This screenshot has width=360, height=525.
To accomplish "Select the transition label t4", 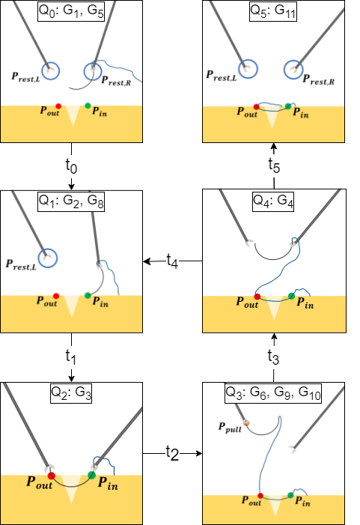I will coord(173,261).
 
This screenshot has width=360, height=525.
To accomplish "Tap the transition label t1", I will coord(71,358).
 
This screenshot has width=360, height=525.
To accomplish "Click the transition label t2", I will coord(173,452).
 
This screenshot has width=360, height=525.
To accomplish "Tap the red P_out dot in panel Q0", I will coord(58,106).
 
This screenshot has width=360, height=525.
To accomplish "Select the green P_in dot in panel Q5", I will coord(290,107).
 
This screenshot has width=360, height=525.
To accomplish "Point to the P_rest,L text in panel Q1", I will coord(22,264).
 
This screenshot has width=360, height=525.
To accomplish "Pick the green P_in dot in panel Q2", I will coord(91,475).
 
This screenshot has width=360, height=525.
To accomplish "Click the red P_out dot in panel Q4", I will coord(257,297).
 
